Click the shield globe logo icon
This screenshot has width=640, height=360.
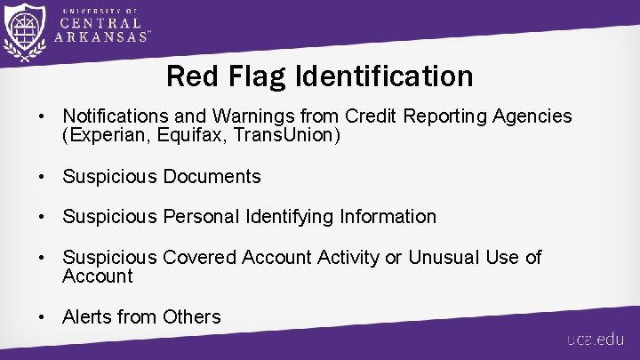[x=25, y=33]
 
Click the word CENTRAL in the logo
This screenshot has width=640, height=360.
[x=99, y=22]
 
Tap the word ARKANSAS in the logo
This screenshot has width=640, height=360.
[x=100, y=38]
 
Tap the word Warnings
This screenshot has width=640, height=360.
[x=235, y=116]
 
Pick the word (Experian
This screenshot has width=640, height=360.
[x=100, y=135]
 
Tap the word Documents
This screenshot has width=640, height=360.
[x=212, y=176]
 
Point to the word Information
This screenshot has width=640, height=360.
[x=389, y=216]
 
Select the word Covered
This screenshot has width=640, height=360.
[x=201, y=257]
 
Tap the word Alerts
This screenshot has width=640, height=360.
[x=87, y=316]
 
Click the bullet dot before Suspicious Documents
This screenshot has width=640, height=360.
[x=41, y=177]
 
